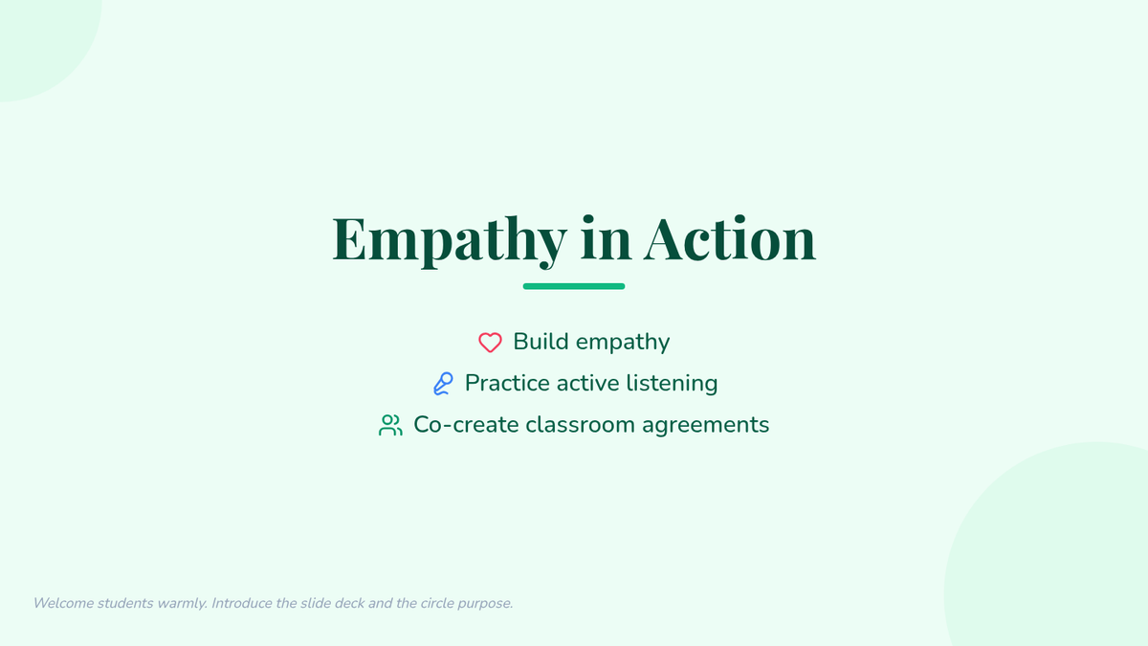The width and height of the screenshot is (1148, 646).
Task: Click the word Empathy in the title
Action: tap(450, 241)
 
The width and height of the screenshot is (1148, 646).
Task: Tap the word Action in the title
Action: tap(729, 238)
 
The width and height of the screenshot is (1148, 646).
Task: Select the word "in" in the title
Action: tap(606, 238)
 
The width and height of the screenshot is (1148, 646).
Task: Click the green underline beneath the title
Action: tap(573, 286)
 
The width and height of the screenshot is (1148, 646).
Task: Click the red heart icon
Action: tap(490, 343)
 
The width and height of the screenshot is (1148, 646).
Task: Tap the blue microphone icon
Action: tap(443, 384)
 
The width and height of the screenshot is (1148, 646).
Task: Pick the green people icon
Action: tap(390, 425)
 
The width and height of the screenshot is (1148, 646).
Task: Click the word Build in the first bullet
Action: tap(541, 342)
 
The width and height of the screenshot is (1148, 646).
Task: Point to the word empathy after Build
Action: tap(623, 343)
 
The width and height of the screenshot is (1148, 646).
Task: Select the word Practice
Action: tap(507, 383)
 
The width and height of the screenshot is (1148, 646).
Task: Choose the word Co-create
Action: tap(466, 425)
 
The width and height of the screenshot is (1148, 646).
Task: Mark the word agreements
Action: tap(706, 426)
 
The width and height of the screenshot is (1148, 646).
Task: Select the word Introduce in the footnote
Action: tap(242, 603)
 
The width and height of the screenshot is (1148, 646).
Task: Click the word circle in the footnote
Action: tap(437, 603)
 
